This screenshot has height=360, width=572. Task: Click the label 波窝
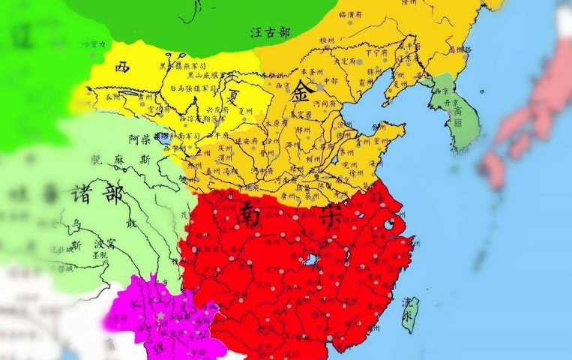tap(103, 244)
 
